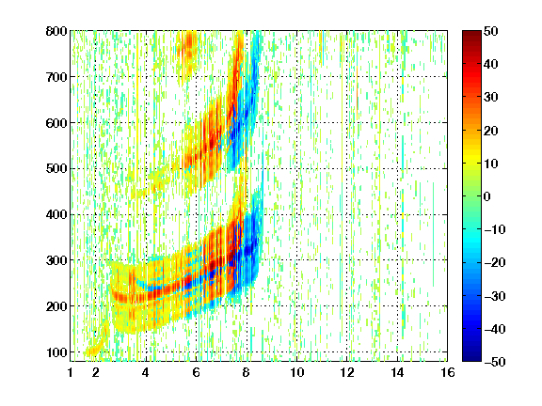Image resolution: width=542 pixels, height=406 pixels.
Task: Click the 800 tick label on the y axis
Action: [56, 31]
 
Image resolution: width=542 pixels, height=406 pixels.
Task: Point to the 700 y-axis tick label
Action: [56, 77]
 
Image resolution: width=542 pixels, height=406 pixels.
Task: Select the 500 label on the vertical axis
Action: [56, 169]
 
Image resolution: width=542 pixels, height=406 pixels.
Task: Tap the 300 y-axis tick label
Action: [56, 260]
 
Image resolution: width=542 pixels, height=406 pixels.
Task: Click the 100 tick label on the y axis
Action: [56, 352]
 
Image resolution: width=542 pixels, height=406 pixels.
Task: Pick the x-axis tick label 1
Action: [71, 372]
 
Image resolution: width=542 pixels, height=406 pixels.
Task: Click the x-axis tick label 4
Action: [146, 372]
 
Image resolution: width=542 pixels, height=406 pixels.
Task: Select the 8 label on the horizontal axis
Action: [246, 372]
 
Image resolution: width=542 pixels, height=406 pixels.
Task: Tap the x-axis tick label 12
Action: [346, 372]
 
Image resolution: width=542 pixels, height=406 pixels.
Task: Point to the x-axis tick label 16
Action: [447, 372]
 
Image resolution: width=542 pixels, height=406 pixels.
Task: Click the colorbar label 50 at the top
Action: [490, 31]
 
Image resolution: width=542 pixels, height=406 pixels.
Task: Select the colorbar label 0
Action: [486, 196]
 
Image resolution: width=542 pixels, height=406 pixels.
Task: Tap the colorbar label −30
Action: [495, 296]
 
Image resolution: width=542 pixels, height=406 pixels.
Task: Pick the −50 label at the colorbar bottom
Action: [495, 362]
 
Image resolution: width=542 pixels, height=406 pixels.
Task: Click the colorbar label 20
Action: [490, 131]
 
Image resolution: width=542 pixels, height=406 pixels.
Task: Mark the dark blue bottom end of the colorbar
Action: [471, 359]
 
